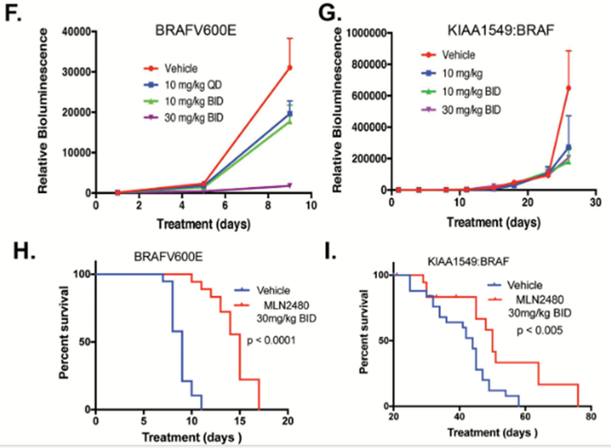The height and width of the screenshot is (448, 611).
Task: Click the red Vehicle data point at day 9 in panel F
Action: point(289,68)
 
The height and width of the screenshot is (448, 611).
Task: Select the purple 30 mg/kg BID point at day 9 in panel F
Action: point(289,185)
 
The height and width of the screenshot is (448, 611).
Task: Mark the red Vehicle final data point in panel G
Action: point(568,87)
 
